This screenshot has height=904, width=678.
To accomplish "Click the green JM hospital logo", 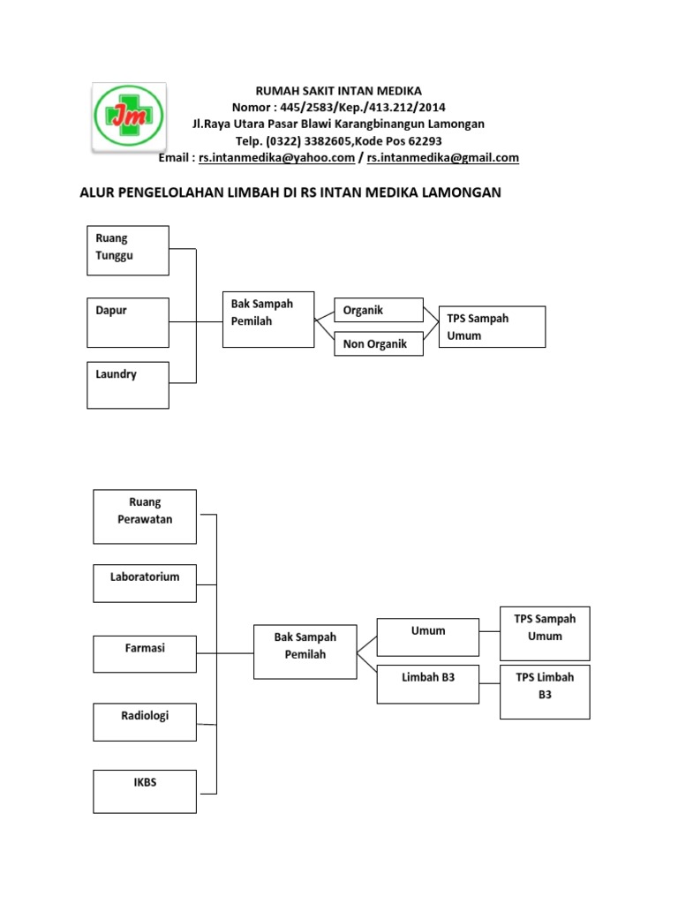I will pyautogui.click(x=130, y=115).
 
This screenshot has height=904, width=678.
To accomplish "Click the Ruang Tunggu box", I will pyautogui.click(x=128, y=250).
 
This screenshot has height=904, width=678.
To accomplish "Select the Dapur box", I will pyautogui.click(x=128, y=322).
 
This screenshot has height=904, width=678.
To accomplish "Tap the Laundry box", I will pyautogui.click(x=128, y=385).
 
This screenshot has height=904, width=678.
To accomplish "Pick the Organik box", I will pyautogui.click(x=378, y=311).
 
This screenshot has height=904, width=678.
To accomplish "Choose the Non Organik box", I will pyautogui.click(x=378, y=344).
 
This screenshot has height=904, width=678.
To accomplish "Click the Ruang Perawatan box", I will pyautogui.click(x=145, y=516).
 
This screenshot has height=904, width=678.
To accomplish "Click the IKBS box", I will pyautogui.click(x=145, y=791).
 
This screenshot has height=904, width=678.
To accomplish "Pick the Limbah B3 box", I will pyautogui.click(x=428, y=684).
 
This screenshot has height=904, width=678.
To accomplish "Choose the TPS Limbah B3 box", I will pyautogui.click(x=545, y=691).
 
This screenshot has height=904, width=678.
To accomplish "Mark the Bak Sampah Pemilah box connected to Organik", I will pyautogui.click(x=268, y=319).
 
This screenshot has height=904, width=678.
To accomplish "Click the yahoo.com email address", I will pyautogui.click(x=276, y=158).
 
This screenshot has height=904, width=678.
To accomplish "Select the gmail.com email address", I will pyautogui.click(x=442, y=158).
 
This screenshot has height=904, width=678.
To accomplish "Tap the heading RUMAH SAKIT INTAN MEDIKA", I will pyautogui.click(x=339, y=91).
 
